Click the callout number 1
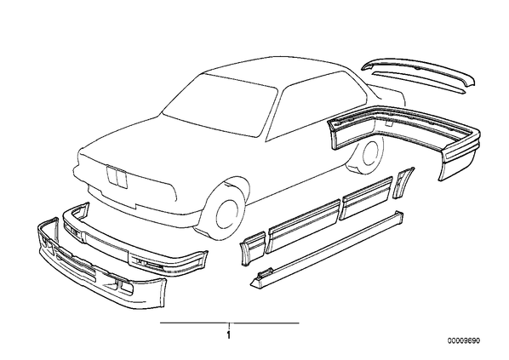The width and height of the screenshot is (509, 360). (x=229, y=335)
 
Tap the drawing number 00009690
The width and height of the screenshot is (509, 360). (x=464, y=340)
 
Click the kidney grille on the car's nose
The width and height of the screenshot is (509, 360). (x=117, y=177)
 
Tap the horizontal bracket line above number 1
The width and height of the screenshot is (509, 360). (x=230, y=323)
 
